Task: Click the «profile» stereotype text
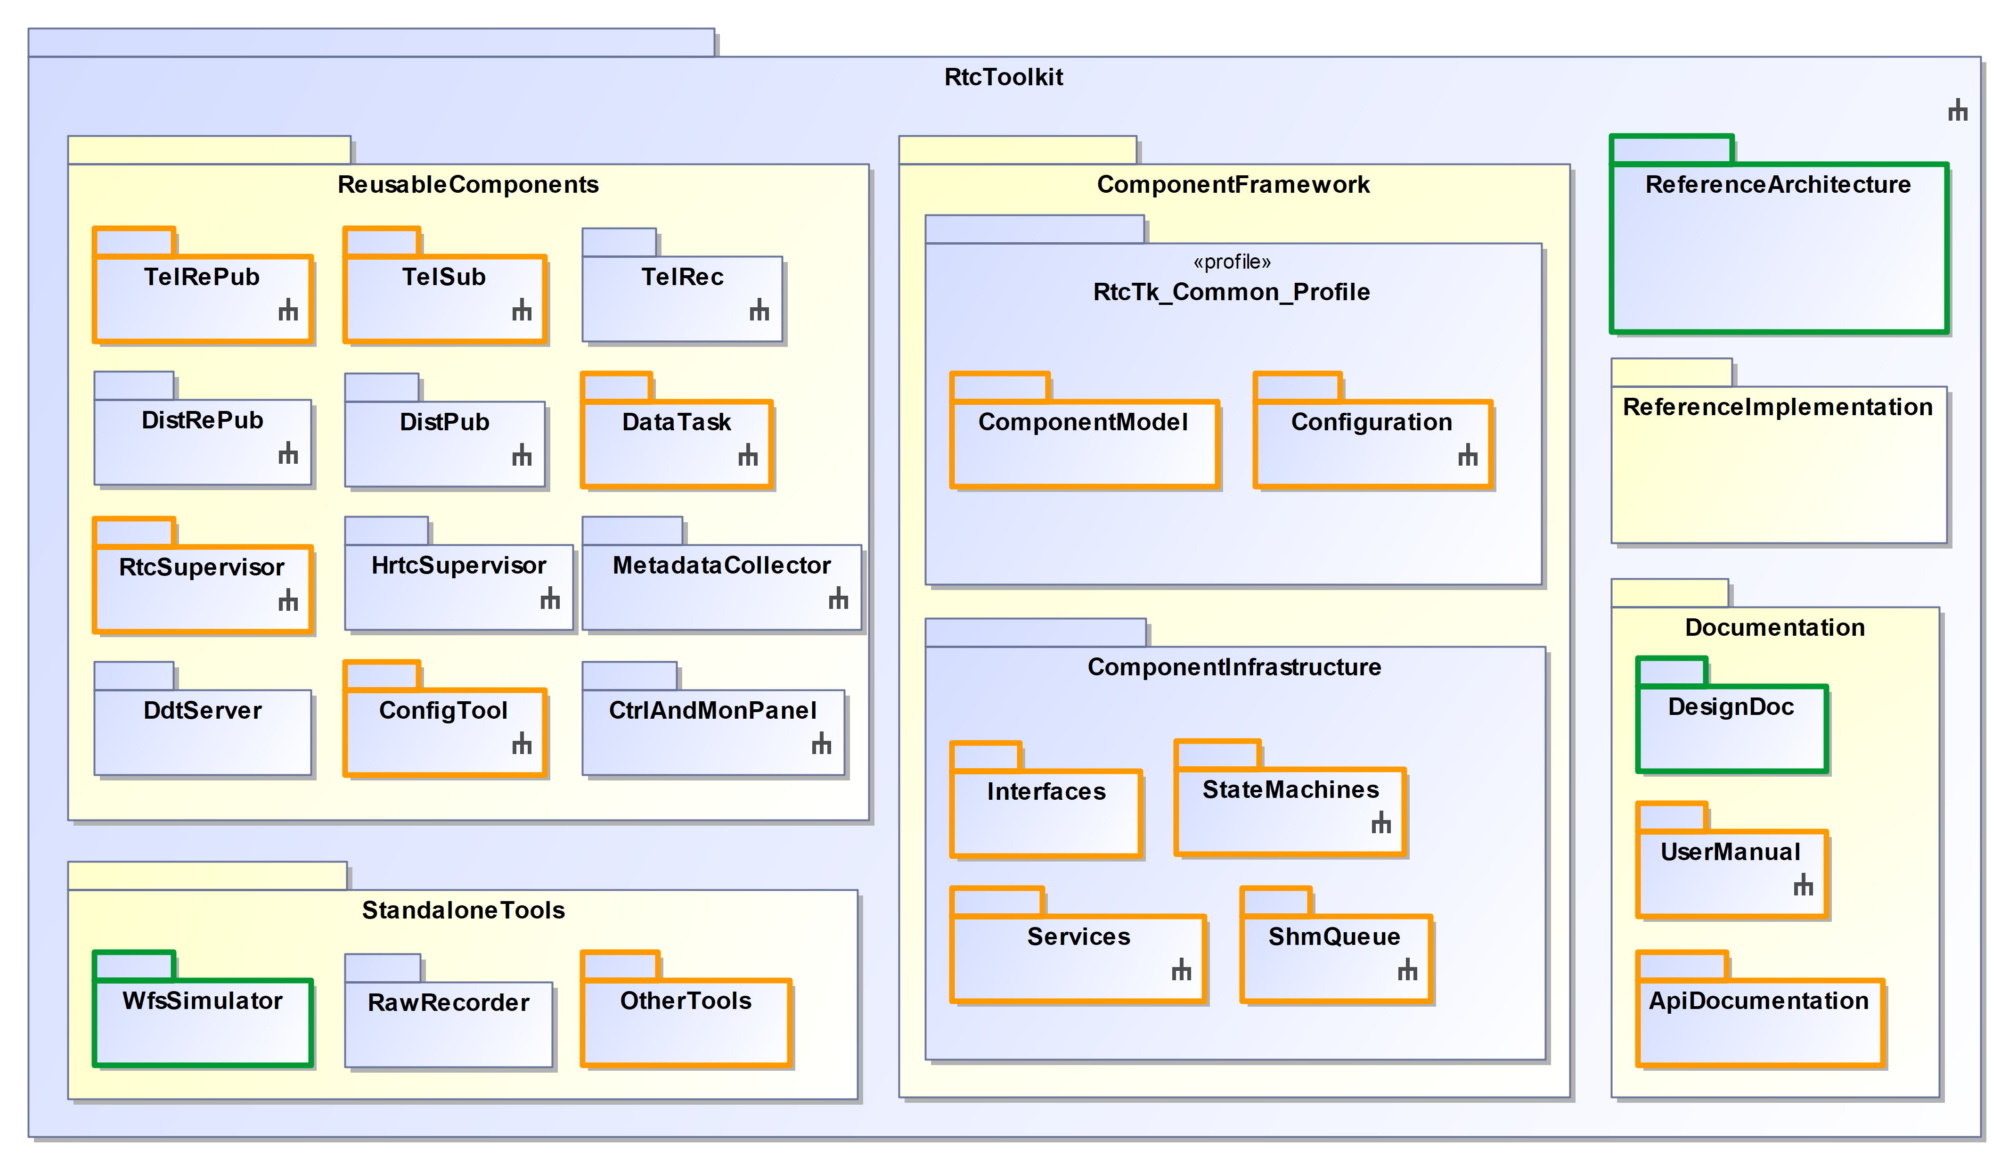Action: click(1232, 263)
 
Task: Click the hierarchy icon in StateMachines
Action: click(1381, 823)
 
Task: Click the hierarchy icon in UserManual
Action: click(1803, 885)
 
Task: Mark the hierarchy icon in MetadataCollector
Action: click(838, 598)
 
